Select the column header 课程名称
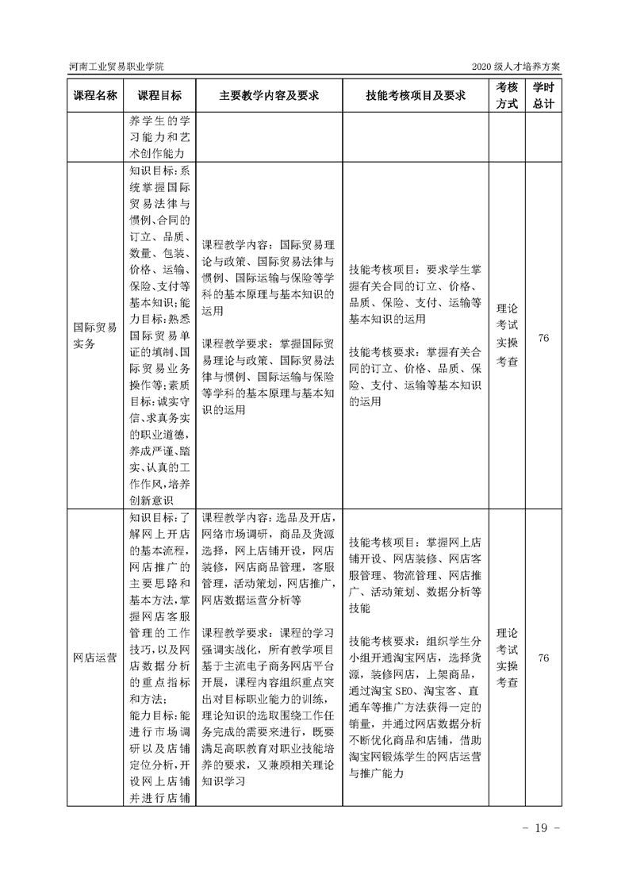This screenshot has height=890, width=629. pyautogui.click(x=95, y=95)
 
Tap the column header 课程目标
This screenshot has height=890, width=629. pyautogui.click(x=159, y=95)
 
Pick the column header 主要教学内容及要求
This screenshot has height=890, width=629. pyautogui.click(x=269, y=95)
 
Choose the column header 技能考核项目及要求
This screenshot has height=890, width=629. pyautogui.click(x=416, y=95)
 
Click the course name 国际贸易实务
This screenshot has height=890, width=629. pyautogui.click(x=95, y=335)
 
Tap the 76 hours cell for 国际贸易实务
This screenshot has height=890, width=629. pyautogui.click(x=543, y=338)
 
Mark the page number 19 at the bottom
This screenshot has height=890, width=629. pyautogui.click(x=541, y=828)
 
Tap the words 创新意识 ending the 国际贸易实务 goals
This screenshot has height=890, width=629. pyautogui.click(x=154, y=498)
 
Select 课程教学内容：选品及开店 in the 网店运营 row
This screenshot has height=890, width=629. pyautogui.click(x=269, y=516)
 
